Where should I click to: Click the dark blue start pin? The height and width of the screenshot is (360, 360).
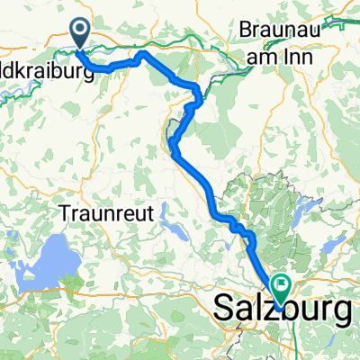pyautogui.click(x=80, y=34)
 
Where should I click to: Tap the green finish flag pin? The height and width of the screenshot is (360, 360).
pyautogui.click(x=282, y=289)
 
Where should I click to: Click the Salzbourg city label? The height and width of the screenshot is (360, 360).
pyautogui.click(x=283, y=312)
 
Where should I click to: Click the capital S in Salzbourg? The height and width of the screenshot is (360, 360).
pyautogui.click(x=226, y=310)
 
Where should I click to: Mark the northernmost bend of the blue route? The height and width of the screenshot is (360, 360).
pyautogui.click(x=140, y=55)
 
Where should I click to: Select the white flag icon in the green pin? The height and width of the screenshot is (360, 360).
pyautogui.click(x=282, y=287)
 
